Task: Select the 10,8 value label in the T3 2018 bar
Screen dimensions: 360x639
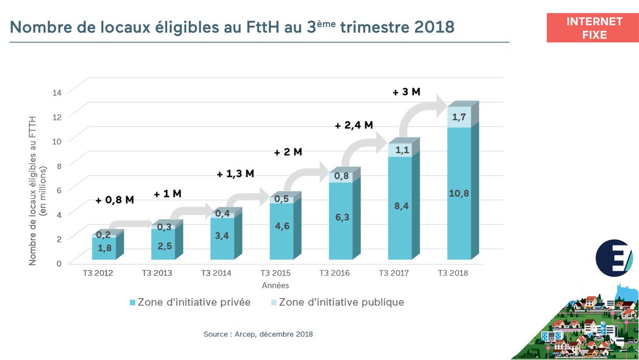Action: [458, 193]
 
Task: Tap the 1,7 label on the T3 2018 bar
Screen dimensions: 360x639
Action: [458, 117]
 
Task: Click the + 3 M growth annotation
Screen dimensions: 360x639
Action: [406, 92]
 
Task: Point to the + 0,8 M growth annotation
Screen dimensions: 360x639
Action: [114, 200]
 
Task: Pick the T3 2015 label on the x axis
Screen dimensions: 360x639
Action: [275, 273]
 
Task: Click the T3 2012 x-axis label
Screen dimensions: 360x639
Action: [98, 273]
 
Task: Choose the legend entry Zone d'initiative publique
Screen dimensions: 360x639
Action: [336, 302]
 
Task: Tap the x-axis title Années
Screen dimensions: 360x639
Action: [275, 285]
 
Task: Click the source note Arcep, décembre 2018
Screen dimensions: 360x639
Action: [258, 334]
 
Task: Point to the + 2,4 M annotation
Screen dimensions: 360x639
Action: [354, 126]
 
